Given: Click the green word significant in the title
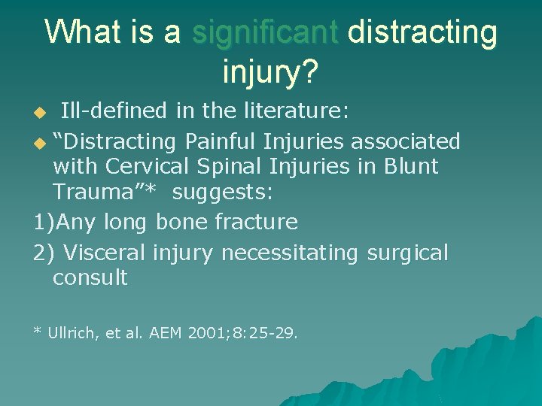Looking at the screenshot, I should point(266,32).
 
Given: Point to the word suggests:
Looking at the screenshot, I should point(222,192).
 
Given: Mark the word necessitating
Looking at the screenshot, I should point(289,253).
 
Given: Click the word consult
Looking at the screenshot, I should point(90,277).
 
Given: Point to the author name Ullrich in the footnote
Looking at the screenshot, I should point(73,332).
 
